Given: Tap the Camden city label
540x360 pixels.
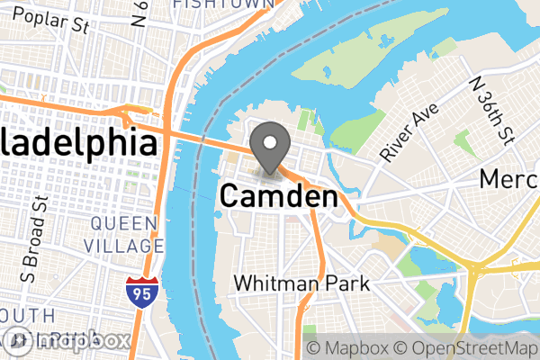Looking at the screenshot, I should click(279, 196).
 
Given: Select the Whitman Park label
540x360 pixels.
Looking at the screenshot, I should click(301, 283).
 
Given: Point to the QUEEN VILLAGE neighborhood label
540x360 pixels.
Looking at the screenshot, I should click(126, 233).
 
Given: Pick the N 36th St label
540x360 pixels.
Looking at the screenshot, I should click(491, 109).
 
